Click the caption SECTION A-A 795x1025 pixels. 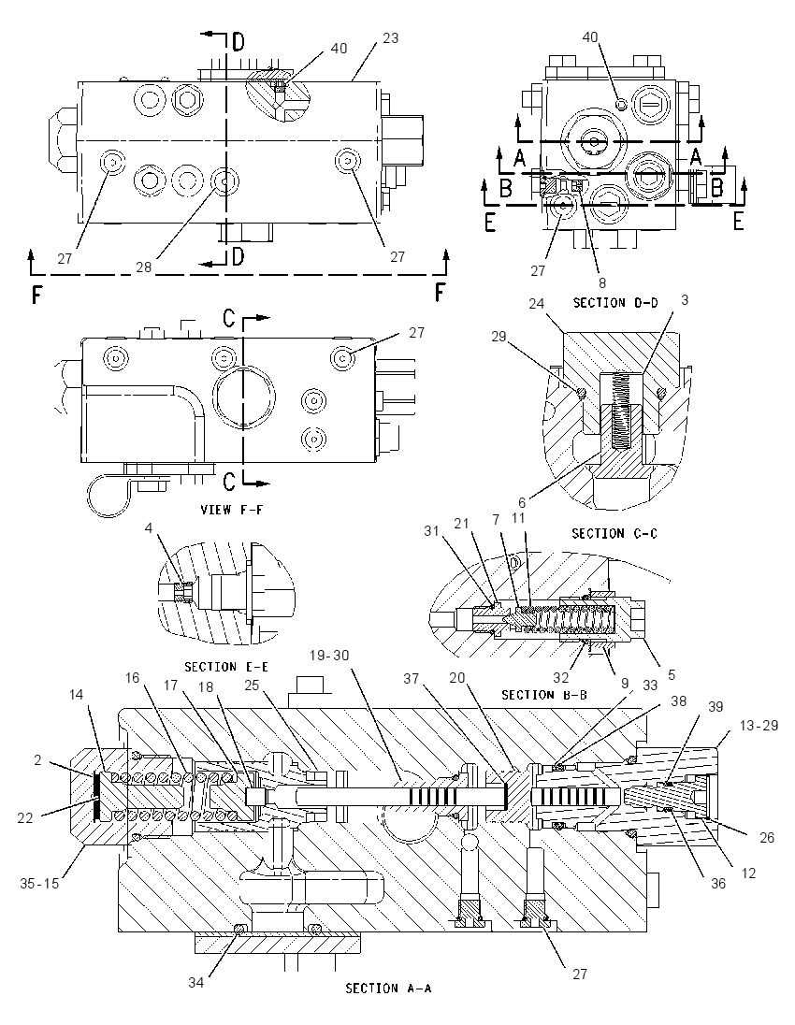388,989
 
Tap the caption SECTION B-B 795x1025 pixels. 544,694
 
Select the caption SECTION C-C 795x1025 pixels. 614,533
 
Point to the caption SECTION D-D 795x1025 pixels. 615,302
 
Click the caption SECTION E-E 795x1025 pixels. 227,667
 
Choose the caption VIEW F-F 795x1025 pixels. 231,510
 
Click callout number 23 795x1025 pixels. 390,38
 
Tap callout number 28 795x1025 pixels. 144,267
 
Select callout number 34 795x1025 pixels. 196,982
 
